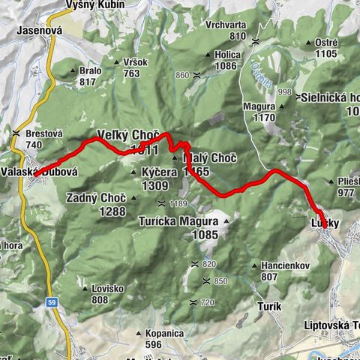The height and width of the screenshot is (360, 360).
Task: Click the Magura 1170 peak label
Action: pos(259,111)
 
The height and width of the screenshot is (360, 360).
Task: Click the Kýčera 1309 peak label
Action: pos(159,178)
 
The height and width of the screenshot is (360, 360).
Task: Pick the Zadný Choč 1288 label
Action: pos(95,204)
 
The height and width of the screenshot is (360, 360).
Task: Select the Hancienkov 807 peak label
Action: pos(281,270)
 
